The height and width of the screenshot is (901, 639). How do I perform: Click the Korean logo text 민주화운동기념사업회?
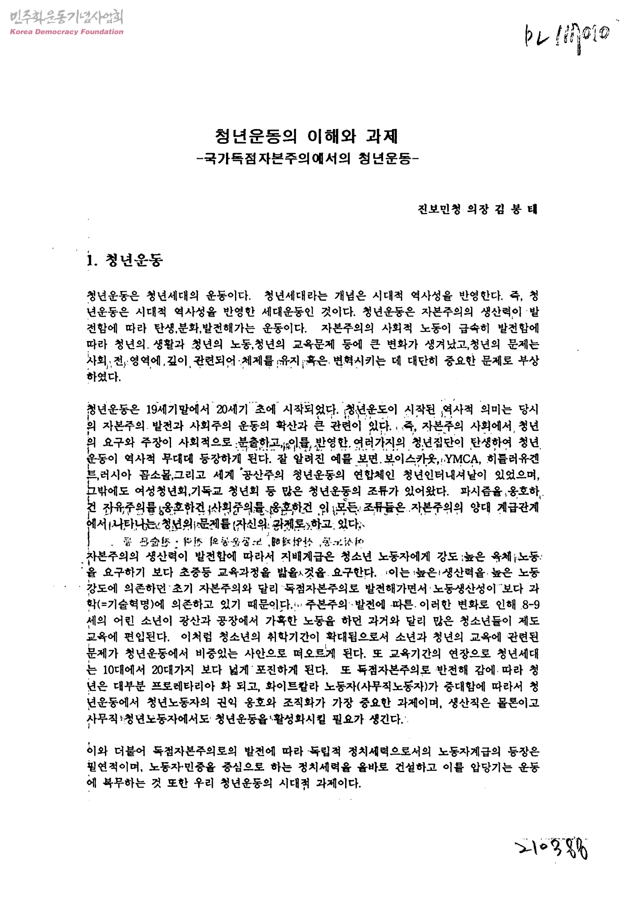pyautogui.click(x=66, y=17)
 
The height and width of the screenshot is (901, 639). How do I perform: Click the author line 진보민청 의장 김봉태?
pyautogui.click(x=478, y=210)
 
